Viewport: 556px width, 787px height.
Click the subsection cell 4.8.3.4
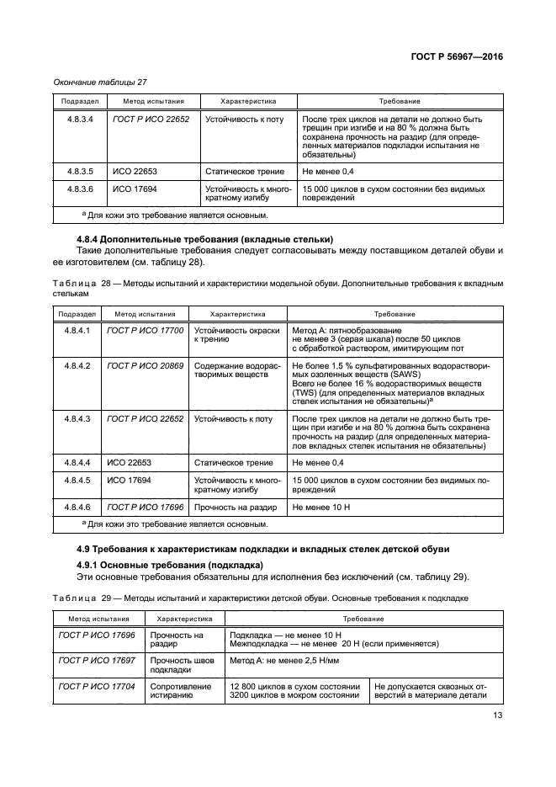79,120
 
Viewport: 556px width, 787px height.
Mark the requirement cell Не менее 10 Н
319,507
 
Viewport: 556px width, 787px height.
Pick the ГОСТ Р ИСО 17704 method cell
97,687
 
